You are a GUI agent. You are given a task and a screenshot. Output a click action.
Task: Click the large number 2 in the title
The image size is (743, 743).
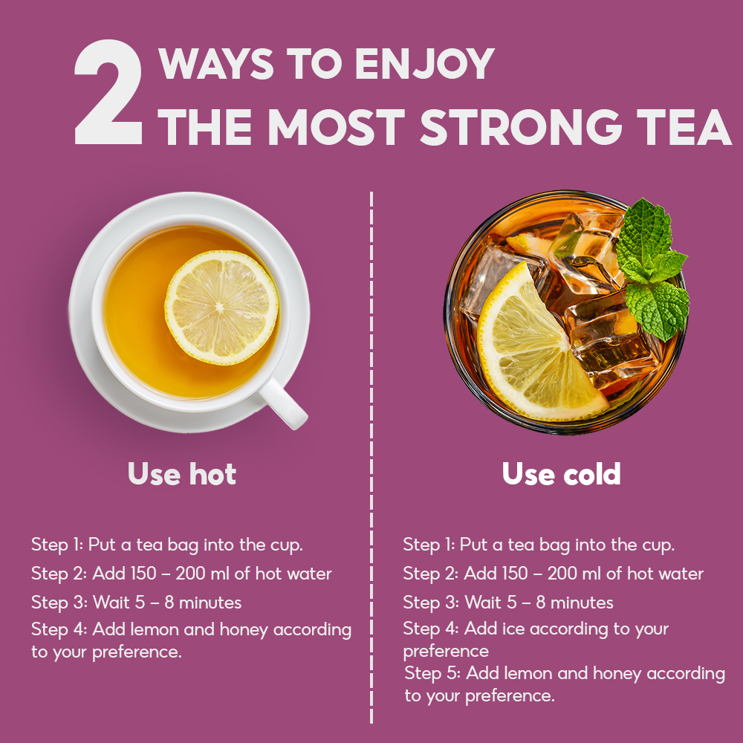[x=108, y=92]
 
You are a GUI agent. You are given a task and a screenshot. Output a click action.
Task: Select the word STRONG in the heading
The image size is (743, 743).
[x=522, y=127]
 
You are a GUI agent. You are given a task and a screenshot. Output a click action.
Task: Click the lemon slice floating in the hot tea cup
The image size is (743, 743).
[x=221, y=308]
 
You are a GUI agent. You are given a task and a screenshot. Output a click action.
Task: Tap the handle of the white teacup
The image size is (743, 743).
[x=283, y=403]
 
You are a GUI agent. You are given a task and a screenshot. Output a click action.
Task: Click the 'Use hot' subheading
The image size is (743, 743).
[x=182, y=473]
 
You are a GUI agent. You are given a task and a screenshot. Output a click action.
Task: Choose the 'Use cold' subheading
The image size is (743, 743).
[x=562, y=473]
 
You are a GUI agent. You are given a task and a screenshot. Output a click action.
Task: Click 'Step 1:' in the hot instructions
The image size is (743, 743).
[x=57, y=545]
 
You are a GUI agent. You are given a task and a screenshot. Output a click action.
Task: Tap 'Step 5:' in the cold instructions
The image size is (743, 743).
[x=432, y=674]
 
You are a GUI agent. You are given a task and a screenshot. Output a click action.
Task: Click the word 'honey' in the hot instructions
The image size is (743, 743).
[x=245, y=630]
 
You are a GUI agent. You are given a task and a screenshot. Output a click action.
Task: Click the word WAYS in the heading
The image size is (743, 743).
[x=216, y=63]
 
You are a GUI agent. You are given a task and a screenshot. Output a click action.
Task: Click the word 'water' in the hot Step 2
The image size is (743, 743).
[x=309, y=574]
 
